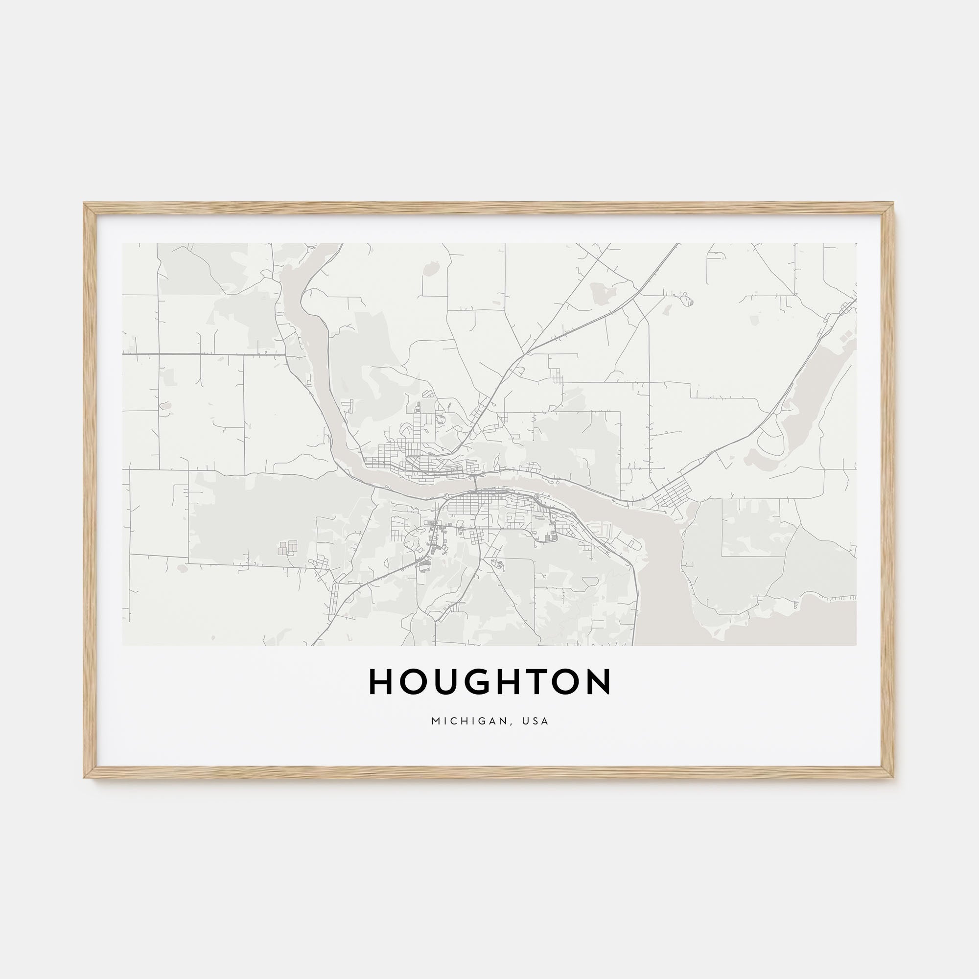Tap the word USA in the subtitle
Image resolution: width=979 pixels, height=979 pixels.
(x=537, y=721)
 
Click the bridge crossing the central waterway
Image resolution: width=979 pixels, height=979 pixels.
(x=475, y=484)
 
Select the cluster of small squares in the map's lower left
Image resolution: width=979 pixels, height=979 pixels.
(x=287, y=547)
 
